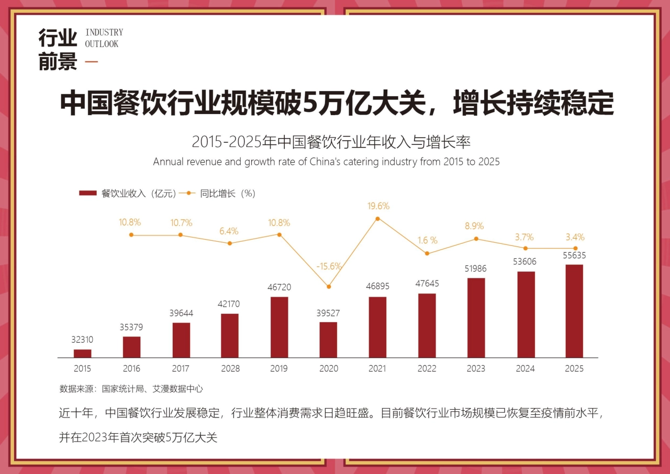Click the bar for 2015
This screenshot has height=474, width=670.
point(82,353)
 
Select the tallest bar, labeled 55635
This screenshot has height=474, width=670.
point(574,311)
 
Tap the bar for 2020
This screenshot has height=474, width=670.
point(328,340)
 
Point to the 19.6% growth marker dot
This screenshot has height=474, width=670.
point(377,219)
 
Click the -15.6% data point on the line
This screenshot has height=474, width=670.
point(329,286)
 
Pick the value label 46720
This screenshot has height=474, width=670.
point(279,287)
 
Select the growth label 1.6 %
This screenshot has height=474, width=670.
point(427,240)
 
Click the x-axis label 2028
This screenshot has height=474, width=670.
point(230,368)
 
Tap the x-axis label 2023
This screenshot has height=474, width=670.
point(476,368)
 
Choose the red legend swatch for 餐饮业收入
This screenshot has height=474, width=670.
point(87,193)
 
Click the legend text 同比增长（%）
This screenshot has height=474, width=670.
point(227,193)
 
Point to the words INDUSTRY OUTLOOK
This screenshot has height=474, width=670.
point(104,38)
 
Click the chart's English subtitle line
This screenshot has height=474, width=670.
point(326,162)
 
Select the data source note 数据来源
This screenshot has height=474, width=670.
point(131,389)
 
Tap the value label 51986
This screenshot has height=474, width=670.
point(476,269)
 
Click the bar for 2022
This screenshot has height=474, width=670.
point(427,325)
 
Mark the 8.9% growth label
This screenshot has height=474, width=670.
point(474,226)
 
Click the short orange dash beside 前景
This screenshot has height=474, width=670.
point(91,62)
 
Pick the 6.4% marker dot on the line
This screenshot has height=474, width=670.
point(230,243)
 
